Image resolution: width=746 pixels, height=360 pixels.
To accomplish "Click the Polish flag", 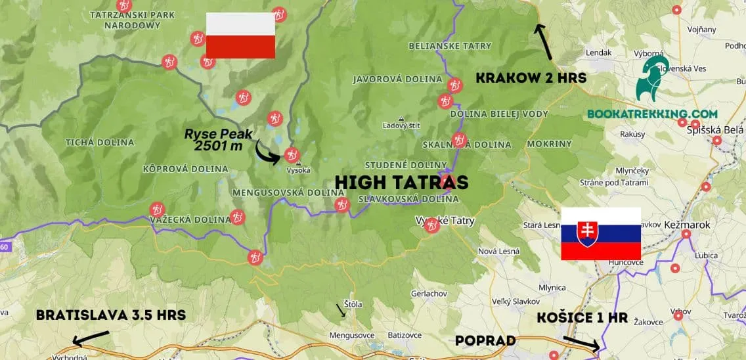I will (x=240, y=35).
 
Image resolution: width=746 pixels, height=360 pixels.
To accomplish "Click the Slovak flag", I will (x=600, y=234).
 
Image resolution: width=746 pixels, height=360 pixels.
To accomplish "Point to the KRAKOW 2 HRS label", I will (x=531, y=78).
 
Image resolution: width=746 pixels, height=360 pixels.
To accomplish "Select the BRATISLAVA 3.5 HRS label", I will (x=111, y=315).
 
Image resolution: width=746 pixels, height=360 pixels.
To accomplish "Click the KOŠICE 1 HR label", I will (x=582, y=319).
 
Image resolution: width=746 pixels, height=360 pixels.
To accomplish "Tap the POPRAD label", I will (x=485, y=341).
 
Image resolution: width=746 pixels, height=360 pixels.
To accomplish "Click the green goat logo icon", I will (x=651, y=78).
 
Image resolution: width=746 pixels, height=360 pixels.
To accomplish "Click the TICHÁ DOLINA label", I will (x=100, y=143).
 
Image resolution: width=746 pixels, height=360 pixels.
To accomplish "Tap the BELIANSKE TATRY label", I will (x=450, y=46).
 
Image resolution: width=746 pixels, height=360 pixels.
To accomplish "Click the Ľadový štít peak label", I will (x=401, y=125).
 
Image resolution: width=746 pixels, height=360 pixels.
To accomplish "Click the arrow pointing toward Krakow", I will (x=544, y=41).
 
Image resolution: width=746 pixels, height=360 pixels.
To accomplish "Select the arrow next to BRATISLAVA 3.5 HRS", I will (x=89, y=338).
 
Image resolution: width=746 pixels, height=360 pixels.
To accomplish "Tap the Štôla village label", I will (x=352, y=304).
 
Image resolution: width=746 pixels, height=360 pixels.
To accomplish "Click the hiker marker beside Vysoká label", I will (x=291, y=155).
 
